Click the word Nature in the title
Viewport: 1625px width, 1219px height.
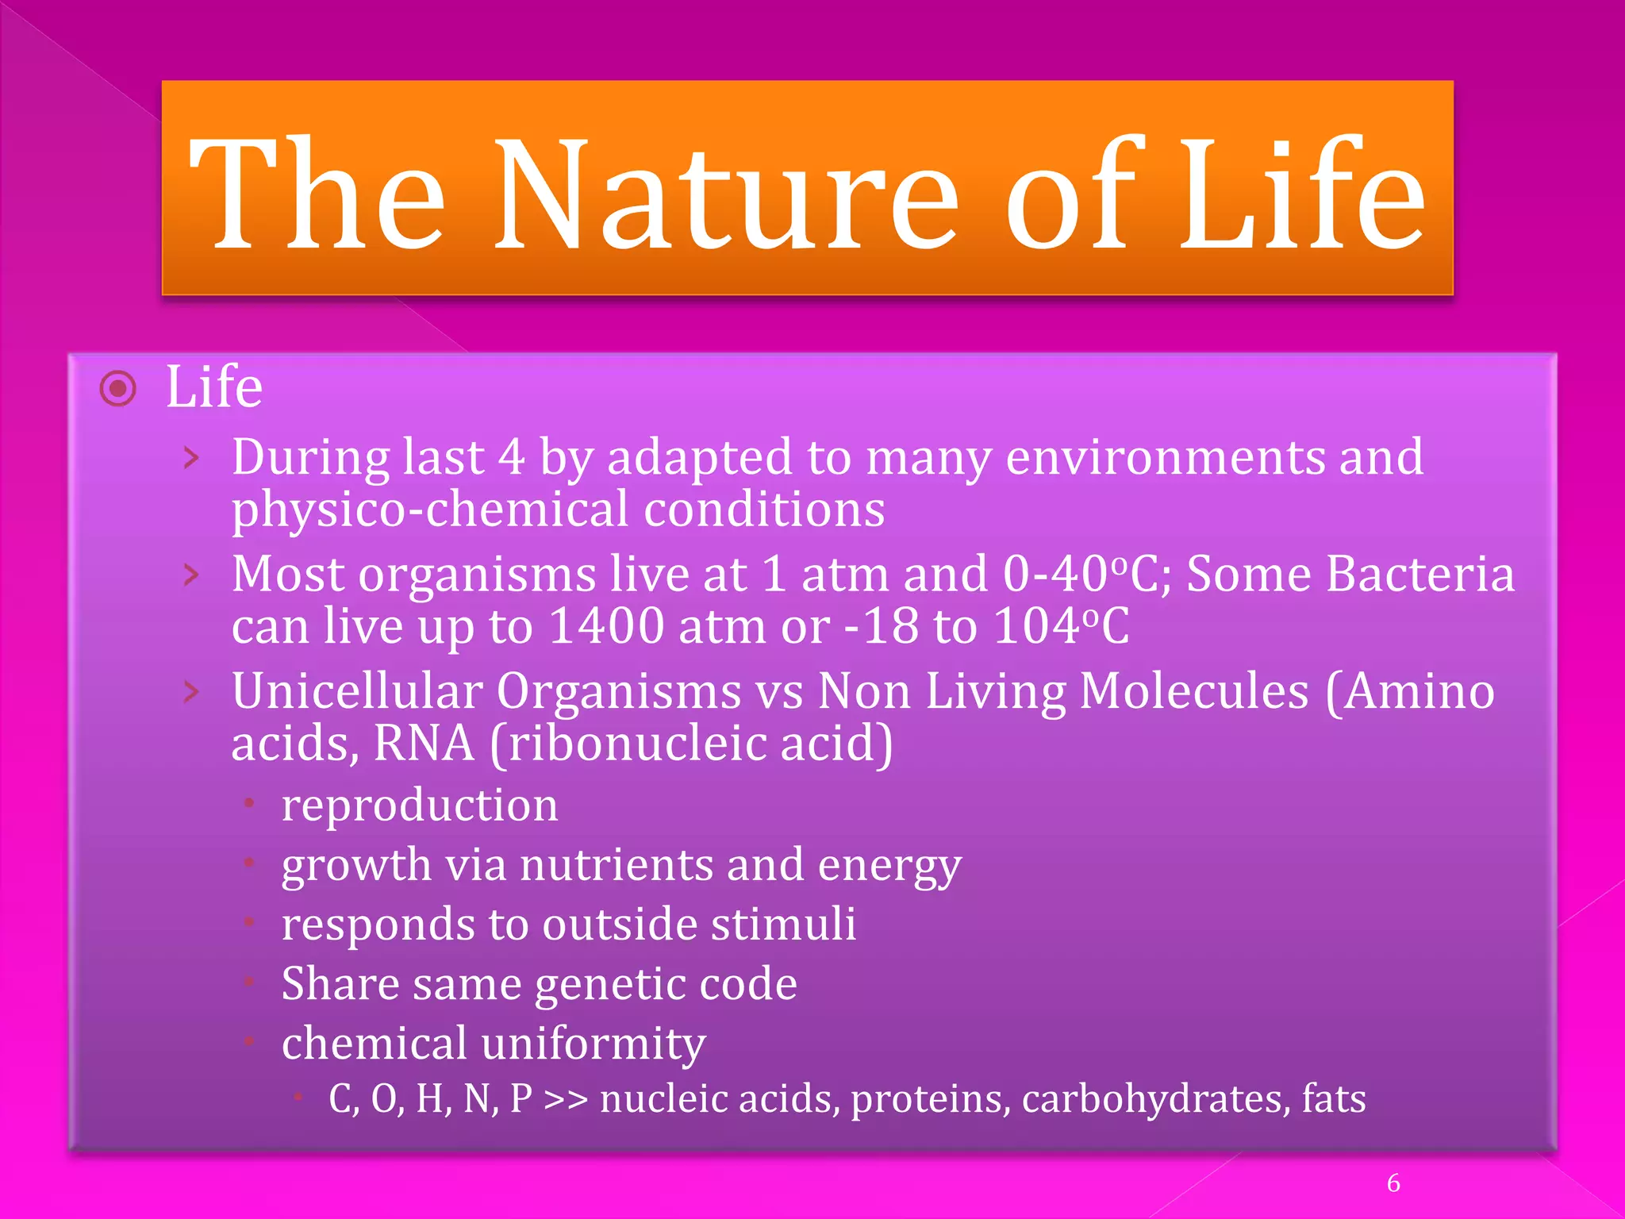727,194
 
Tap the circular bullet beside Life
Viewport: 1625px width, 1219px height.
118,389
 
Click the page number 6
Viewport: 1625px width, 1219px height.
1393,1183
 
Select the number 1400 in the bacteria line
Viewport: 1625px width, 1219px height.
606,626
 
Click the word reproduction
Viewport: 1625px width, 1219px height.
420,806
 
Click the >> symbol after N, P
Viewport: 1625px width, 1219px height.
566,1100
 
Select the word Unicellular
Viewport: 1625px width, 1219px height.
357,691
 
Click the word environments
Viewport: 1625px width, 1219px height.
1165,458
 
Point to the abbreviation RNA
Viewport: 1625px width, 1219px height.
424,744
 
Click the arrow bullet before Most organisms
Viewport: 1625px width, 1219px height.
191,575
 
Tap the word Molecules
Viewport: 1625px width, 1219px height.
1194,691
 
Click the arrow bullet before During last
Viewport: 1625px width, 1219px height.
191,458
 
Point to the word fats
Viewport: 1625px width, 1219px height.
1334,1100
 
